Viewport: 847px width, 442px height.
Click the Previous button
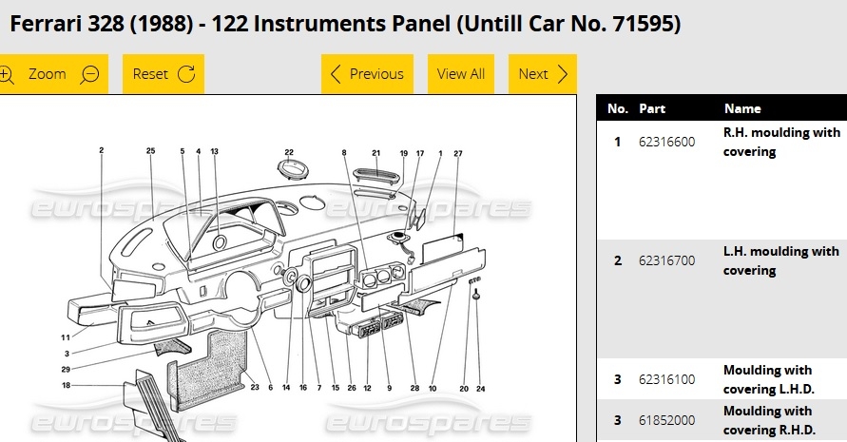coord(367,74)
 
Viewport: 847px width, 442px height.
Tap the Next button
coord(543,74)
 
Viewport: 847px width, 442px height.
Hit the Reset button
coord(164,74)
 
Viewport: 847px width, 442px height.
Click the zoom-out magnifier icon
coord(89,74)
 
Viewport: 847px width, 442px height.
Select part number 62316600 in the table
coord(666,143)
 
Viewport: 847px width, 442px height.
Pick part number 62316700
coord(666,261)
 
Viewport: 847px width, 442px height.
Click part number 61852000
coord(666,420)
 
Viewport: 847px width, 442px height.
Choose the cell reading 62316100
coord(666,380)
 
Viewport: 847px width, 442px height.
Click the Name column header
coord(742,108)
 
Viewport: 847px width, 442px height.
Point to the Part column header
coord(652,108)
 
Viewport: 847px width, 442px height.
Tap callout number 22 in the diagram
coord(289,153)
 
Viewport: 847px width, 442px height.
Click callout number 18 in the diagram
coord(66,385)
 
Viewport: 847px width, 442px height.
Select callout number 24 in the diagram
coord(480,389)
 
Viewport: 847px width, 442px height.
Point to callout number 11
coord(66,337)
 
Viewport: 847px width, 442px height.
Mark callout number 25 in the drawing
coord(150,151)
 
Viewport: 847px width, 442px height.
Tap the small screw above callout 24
coord(476,294)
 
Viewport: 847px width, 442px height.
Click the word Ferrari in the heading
coord(46,24)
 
